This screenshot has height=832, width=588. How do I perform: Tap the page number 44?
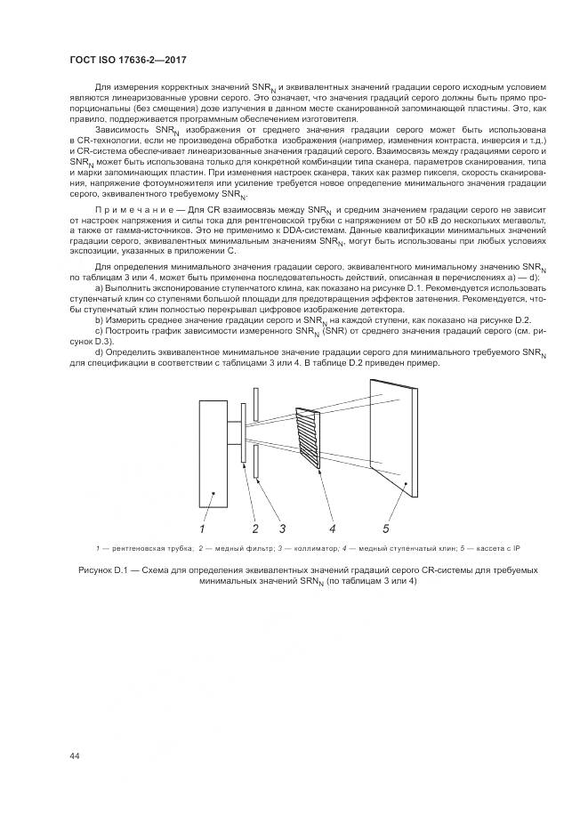coord(75,756)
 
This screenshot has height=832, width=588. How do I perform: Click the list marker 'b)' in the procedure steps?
coord(99,319)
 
